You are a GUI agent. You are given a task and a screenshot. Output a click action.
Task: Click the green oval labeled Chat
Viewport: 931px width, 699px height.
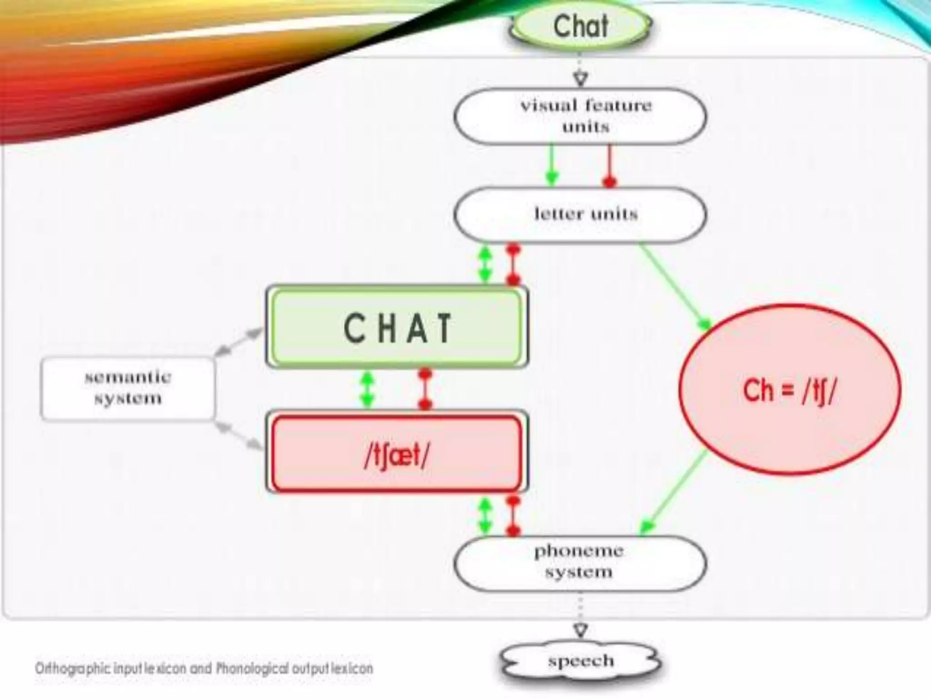(581, 26)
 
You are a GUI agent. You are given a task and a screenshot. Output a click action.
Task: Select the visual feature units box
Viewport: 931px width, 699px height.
(581, 116)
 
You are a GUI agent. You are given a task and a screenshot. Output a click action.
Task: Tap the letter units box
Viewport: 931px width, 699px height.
(581, 214)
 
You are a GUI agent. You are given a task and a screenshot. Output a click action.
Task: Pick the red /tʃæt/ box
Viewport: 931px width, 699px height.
(397, 454)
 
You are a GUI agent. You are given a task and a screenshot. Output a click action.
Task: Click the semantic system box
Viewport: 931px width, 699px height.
(128, 388)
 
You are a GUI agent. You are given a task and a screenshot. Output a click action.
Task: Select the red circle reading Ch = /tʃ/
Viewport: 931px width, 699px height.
(790, 390)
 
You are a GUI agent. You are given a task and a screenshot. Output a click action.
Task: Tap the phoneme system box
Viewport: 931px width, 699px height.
(581, 562)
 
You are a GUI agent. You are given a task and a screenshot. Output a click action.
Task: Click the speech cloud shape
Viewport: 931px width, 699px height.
(581, 661)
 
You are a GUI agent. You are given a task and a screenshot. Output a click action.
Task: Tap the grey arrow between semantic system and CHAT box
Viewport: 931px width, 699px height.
(239, 342)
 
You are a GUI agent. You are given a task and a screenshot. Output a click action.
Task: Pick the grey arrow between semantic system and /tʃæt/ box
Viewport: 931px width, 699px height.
(239, 436)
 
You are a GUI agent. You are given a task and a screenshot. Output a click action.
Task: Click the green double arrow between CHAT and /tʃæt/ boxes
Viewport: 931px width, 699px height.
(367, 390)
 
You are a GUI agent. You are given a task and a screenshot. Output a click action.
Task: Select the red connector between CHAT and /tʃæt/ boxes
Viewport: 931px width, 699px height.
(425, 389)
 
